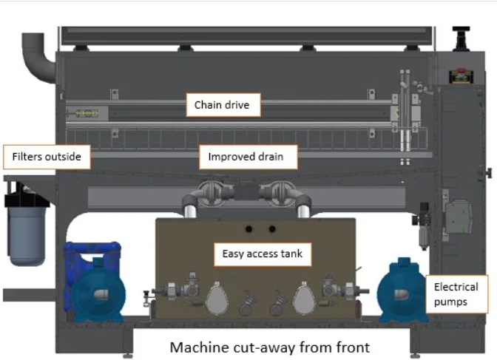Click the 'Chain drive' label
(x=217, y=106)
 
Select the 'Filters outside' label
(x=47, y=157)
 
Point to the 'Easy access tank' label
(x=263, y=254)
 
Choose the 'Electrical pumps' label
(x=456, y=293)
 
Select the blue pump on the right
(x=403, y=291)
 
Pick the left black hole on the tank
(x=248, y=228)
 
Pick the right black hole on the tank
(x=272, y=228)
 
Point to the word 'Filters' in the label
(x=30, y=157)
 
